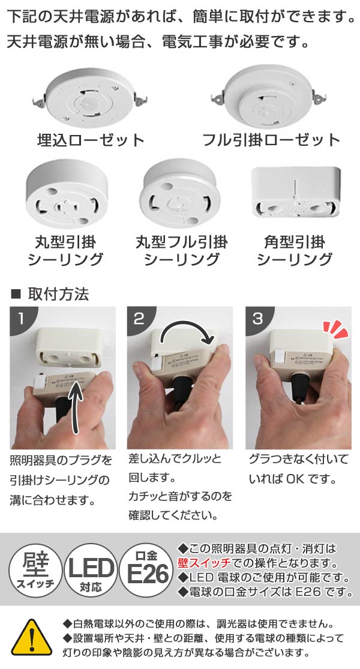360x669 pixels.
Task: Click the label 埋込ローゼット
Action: click(89, 140)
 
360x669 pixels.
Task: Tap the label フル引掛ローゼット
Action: click(272, 140)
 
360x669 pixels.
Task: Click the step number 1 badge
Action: click(22, 318)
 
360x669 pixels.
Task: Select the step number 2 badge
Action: click(139, 318)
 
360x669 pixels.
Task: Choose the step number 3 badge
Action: click(257, 318)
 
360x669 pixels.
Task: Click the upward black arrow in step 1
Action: click(76, 408)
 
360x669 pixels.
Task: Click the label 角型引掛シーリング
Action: click(294, 251)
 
